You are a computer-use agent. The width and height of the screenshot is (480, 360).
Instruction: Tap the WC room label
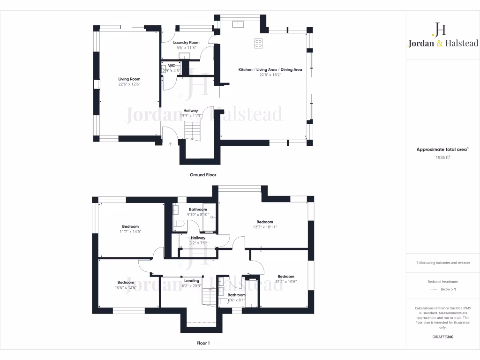172,65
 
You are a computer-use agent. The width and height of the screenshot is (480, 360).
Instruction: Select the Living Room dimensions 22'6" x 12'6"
129,84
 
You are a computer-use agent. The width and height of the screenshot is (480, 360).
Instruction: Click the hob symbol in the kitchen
258,43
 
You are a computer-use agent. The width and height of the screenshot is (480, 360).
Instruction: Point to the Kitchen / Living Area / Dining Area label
270,69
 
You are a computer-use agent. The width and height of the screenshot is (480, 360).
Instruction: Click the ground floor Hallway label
190,111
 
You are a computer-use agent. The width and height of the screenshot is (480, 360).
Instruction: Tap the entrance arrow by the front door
170,144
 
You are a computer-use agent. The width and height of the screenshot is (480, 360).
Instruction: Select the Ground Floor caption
203,175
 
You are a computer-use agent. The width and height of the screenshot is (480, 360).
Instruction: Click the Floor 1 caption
203,343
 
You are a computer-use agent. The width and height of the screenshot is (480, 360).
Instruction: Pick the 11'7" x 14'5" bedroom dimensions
130,232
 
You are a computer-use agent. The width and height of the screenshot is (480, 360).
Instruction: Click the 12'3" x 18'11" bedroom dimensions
264,227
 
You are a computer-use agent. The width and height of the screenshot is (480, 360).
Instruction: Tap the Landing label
192,281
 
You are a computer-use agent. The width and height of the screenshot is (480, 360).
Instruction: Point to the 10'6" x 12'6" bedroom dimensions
125,287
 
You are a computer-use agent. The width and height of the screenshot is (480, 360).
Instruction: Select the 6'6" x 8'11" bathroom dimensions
236,300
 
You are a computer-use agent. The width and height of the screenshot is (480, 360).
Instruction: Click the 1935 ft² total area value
442,157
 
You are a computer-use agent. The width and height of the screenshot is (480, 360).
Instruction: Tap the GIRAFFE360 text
442,337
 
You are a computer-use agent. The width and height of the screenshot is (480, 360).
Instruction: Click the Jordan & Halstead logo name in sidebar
442,43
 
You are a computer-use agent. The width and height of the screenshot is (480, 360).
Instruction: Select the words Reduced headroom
442,282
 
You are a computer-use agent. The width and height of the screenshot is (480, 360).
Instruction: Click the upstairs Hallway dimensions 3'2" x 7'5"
198,243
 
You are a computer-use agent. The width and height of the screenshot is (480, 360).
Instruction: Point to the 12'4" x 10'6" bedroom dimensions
285,281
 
